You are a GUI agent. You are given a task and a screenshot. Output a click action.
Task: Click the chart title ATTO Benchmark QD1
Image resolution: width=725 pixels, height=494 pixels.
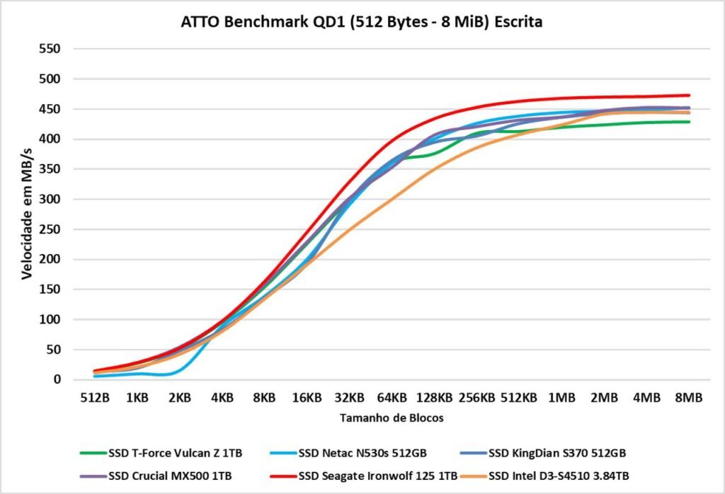click(362, 23)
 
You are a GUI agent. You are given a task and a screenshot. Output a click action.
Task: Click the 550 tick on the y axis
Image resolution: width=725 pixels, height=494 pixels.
click(50, 50)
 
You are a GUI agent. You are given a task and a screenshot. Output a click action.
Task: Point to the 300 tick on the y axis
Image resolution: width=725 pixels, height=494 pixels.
click(50, 200)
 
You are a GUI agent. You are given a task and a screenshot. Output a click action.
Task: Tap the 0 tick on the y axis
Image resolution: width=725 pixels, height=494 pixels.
click(57, 380)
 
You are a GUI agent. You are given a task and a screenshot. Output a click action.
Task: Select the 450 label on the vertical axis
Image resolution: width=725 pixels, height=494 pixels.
click(50, 110)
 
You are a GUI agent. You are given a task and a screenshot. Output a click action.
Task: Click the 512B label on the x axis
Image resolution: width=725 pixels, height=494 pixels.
click(95, 398)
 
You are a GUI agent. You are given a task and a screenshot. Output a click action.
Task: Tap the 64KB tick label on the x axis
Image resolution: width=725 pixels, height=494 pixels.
click(392, 398)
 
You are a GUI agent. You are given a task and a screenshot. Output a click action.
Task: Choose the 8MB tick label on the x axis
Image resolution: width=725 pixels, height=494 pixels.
click(689, 398)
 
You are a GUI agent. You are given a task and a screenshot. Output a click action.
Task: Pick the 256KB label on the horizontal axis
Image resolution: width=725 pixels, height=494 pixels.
click(476, 398)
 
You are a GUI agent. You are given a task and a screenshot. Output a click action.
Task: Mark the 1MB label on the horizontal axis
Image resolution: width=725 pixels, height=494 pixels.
click(561, 398)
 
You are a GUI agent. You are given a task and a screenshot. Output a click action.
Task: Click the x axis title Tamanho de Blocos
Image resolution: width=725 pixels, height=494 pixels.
click(392, 418)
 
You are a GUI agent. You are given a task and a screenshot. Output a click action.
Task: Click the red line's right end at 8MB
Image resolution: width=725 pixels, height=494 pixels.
click(689, 96)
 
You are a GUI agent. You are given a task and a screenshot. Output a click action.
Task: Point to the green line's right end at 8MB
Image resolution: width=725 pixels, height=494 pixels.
click(689, 122)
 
